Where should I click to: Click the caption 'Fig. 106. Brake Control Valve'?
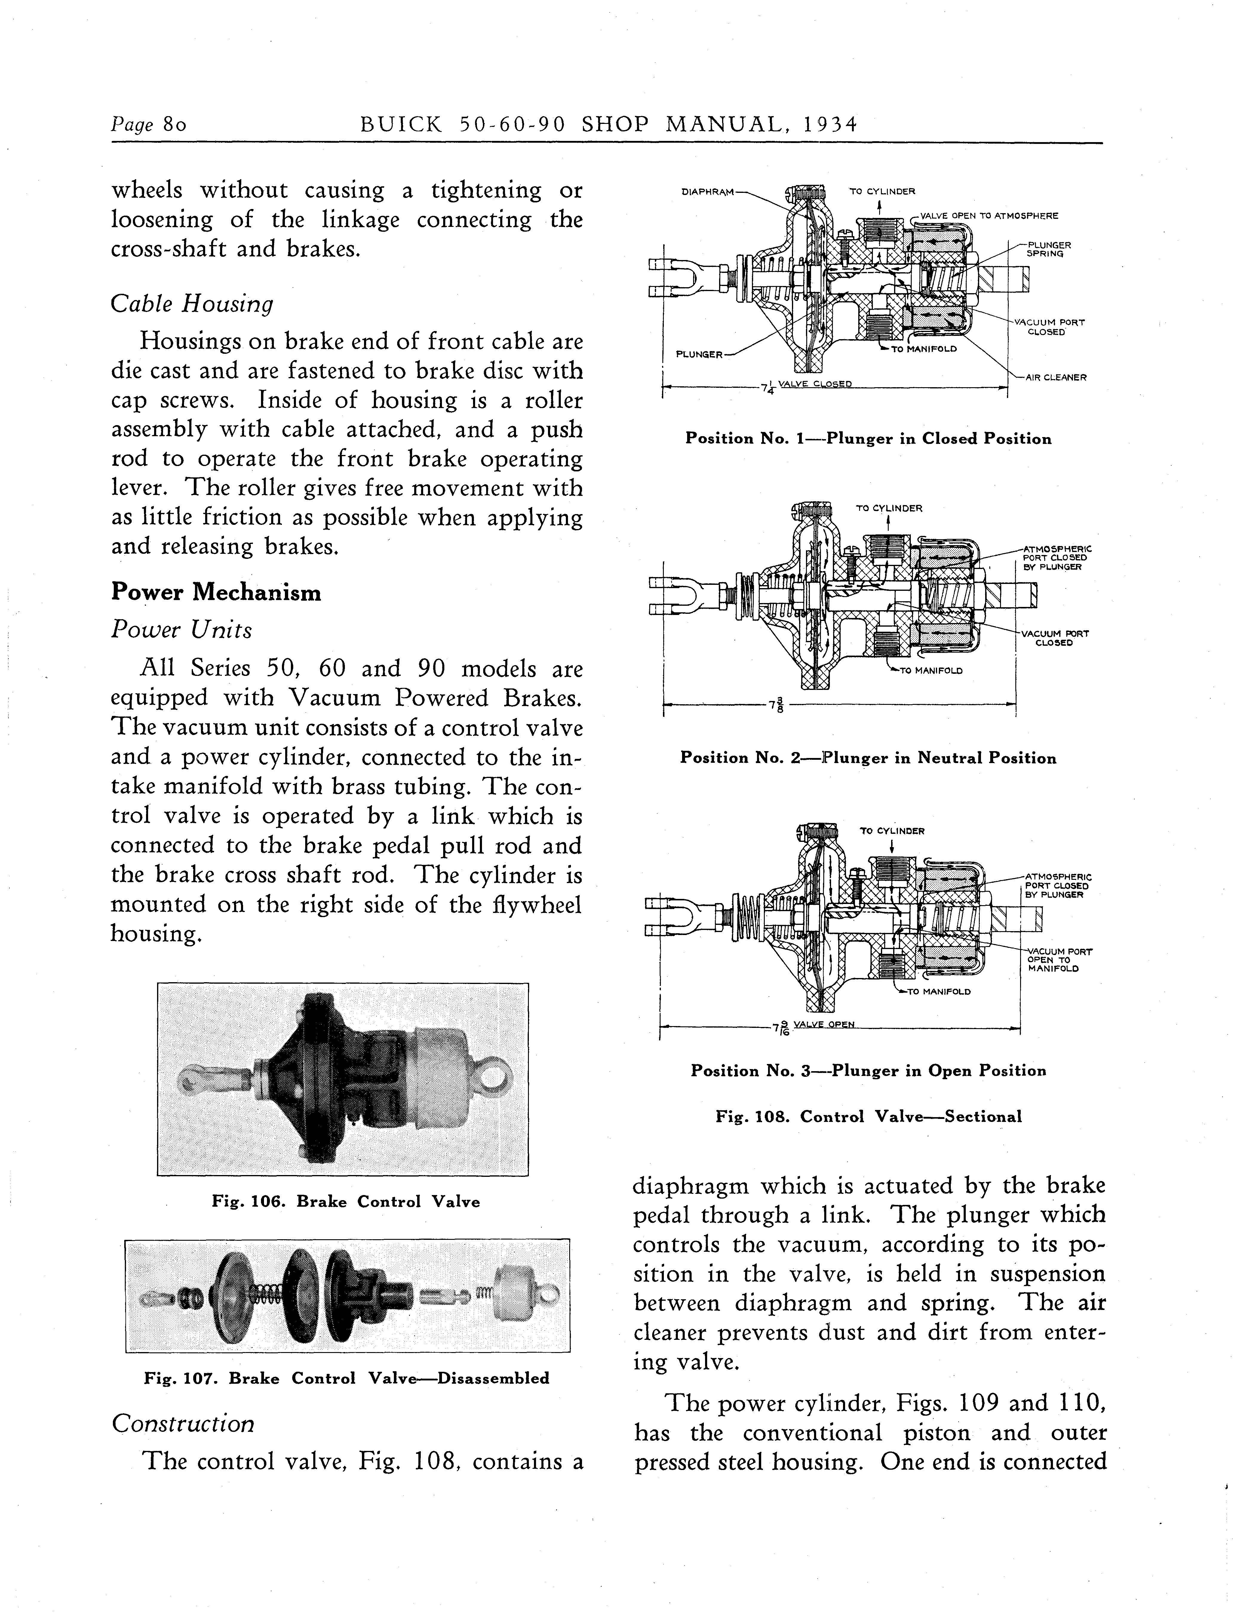click(x=346, y=1202)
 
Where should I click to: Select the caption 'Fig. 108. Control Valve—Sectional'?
click(x=869, y=1117)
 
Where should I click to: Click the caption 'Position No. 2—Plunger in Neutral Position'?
click(x=868, y=758)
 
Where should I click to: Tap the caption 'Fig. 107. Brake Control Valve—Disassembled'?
click(x=346, y=1378)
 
